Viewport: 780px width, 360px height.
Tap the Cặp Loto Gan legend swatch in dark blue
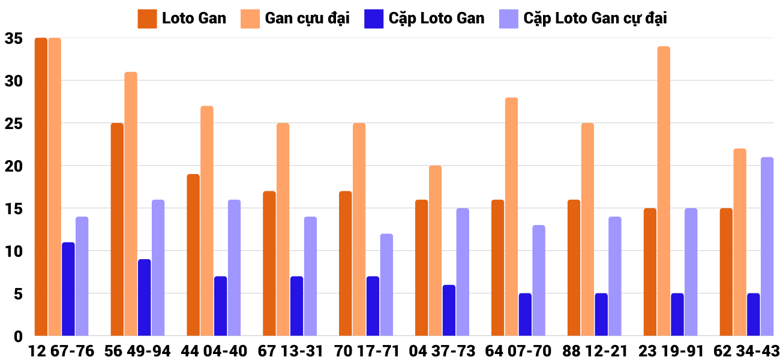click(x=373, y=18)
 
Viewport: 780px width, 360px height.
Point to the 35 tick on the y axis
click(x=13, y=38)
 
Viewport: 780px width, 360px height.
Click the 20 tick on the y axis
click(x=13, y=166)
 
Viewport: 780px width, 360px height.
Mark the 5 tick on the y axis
click(x=18, y=294)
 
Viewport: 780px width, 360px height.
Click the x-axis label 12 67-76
click(x=61, y=351)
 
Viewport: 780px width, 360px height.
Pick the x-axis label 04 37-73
click(x=442, y=351)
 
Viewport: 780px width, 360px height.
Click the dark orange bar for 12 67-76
click(x=41, y=187)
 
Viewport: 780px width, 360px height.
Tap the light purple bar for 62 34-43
click(x=767, y=246)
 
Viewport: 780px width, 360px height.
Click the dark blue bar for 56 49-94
click(x=144, y=297)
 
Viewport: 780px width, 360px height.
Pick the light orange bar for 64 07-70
click(x=511, y=217)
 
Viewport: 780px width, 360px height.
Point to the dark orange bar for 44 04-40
click(x=193, y=255)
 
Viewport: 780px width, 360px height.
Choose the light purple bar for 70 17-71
click(x=386, y=284)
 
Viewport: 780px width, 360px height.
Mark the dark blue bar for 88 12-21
click(x=601, y=314)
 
